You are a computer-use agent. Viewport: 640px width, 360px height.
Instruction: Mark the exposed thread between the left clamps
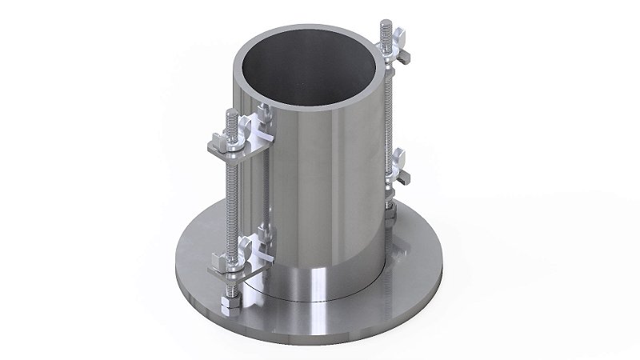229,204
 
